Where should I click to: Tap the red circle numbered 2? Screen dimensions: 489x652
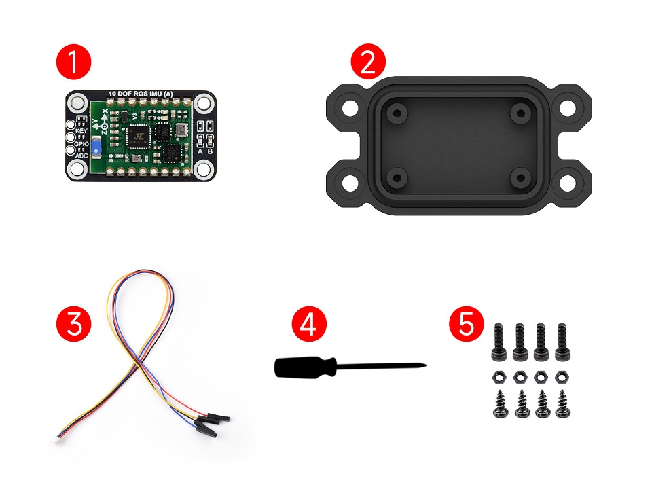[367, 62]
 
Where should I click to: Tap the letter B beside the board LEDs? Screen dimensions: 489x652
[211, 151]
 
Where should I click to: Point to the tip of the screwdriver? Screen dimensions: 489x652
[426, 367]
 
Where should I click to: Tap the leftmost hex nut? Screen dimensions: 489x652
[496, 376]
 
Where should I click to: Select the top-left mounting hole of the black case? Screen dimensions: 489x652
[348, 107]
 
